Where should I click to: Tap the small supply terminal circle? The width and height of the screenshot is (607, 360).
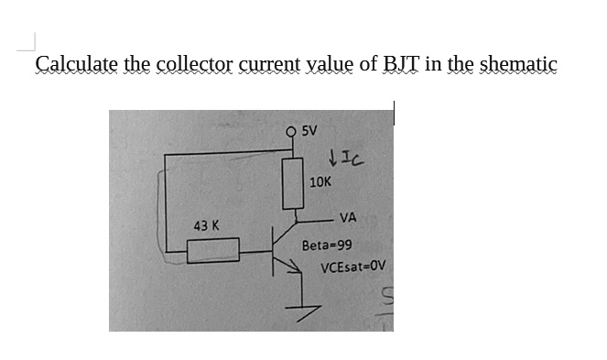292,130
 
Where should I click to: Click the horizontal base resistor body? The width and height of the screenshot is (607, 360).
213,249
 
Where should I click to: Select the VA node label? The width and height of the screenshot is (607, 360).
347,218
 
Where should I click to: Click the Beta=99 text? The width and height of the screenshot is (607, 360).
327,245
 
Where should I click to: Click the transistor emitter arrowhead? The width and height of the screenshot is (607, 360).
295,267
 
